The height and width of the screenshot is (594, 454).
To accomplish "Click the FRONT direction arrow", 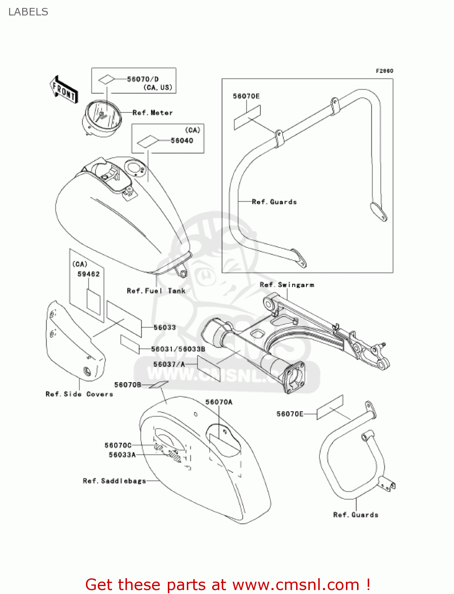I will pyautogui.click(x=64, y=90).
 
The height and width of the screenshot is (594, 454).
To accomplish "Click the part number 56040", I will pyautogui.click(x=182, y=141).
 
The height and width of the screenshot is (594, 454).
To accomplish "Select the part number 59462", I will pyautogui.click(x=88, y=274).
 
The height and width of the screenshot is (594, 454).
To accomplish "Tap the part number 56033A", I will pyautogui.click(x=122, y=455).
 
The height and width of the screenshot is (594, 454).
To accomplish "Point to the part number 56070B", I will pyautogui.click(x=127, y=385).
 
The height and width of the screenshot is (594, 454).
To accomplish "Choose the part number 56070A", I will pyautogui.click(x=219, y=402).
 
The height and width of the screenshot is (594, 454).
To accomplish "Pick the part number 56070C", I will pyautogui.click(x=118, y=445).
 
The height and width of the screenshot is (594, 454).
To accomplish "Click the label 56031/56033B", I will pyautogui.click(x=178, y=349).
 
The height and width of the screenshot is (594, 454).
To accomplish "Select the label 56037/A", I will pyautogui.click(x=169, y=364).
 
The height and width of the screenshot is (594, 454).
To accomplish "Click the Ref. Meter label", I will pyautogui.click(x=152, y=113).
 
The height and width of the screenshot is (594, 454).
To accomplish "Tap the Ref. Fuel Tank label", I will pyautogui.click(x=156, y=291).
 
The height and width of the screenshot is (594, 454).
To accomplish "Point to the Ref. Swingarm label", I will pyautogui.click(x=287, y=285).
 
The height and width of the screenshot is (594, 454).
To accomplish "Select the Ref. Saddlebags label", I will pyautogui.click(x=114, y=481).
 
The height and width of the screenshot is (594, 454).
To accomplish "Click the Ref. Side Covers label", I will pyautogui.click(x=79, y=394).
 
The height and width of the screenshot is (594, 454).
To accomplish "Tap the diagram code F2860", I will pyautogui.click(x=384, y=71).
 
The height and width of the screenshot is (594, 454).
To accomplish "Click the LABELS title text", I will pyautogui.click(x=28, y=12).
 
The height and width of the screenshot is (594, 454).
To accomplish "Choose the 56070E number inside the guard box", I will pyautogui.click(x=246, y=96).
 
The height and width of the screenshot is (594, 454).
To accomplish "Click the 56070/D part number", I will pyautogui.click(x=142, y=79).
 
